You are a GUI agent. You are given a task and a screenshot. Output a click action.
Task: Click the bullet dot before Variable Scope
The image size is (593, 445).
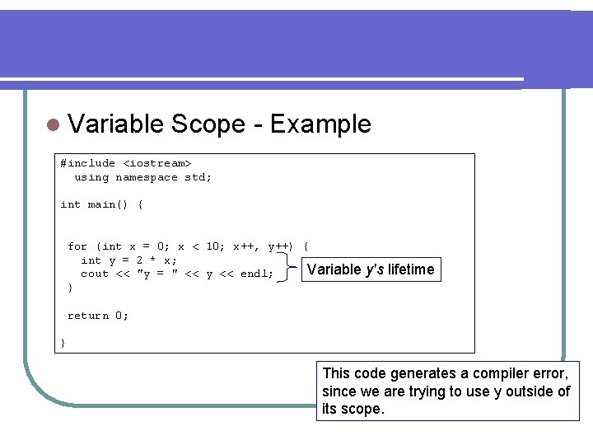(53, 125)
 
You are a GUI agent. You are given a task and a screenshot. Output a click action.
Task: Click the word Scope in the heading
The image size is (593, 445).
(208, 124)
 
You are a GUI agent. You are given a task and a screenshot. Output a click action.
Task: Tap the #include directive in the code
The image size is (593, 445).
(87, 163)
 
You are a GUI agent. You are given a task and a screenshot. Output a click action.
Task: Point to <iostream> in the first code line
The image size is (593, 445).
(157, 163)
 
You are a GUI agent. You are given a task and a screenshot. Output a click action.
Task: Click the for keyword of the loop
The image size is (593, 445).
(77, 246)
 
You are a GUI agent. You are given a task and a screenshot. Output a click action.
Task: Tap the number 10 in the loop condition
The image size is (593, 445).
(212, 246)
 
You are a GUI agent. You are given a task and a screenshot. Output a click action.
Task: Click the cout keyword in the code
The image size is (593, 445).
(94, 274)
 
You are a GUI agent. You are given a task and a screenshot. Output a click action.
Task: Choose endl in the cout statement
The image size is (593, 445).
(253, 274)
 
